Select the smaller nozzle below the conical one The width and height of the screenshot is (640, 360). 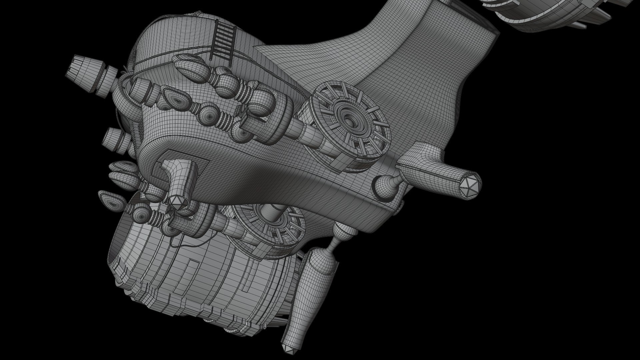pyautogui.click(x=112, y=138)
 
